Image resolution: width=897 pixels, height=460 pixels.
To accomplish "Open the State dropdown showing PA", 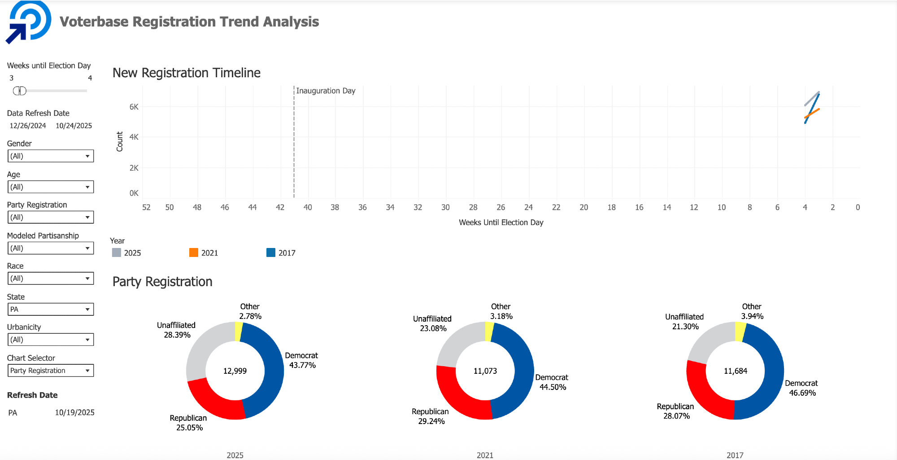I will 51,309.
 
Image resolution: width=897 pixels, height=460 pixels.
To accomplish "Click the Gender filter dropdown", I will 51,156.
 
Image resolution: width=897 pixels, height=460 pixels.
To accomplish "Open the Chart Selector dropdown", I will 51,371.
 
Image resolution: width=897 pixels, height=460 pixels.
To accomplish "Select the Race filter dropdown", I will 51,279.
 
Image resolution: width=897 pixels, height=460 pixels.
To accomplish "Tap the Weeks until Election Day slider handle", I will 20,91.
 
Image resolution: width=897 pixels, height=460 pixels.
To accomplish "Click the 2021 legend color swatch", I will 194,252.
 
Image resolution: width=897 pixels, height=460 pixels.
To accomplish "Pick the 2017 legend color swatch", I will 271,252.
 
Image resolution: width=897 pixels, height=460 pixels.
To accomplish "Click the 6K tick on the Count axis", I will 134,107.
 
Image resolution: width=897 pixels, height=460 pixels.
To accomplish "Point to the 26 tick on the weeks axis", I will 501,208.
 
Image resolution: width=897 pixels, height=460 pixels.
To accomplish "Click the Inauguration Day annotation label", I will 326,91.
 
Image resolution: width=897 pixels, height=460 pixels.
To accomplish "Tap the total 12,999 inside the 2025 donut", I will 235,371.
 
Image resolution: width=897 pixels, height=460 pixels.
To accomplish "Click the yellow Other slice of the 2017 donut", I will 740,332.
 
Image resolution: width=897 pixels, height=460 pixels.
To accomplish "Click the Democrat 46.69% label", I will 801,388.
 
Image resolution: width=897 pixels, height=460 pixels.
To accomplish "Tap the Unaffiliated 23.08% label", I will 432,323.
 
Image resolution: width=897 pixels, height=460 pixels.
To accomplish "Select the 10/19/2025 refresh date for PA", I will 74,412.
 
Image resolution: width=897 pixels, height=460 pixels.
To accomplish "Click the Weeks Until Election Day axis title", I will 501,222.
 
